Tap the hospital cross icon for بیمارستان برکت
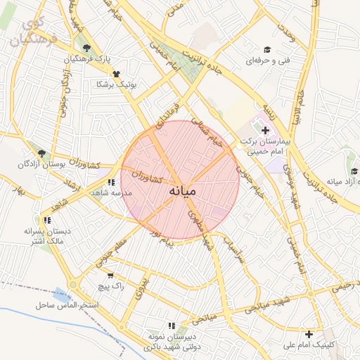(264, 131)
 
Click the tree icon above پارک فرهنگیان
(86, 49)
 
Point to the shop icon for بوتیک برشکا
(116, 73)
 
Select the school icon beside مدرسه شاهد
(111, 182)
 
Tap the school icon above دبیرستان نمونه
(172, 326)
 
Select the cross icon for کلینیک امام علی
(309, 333)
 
